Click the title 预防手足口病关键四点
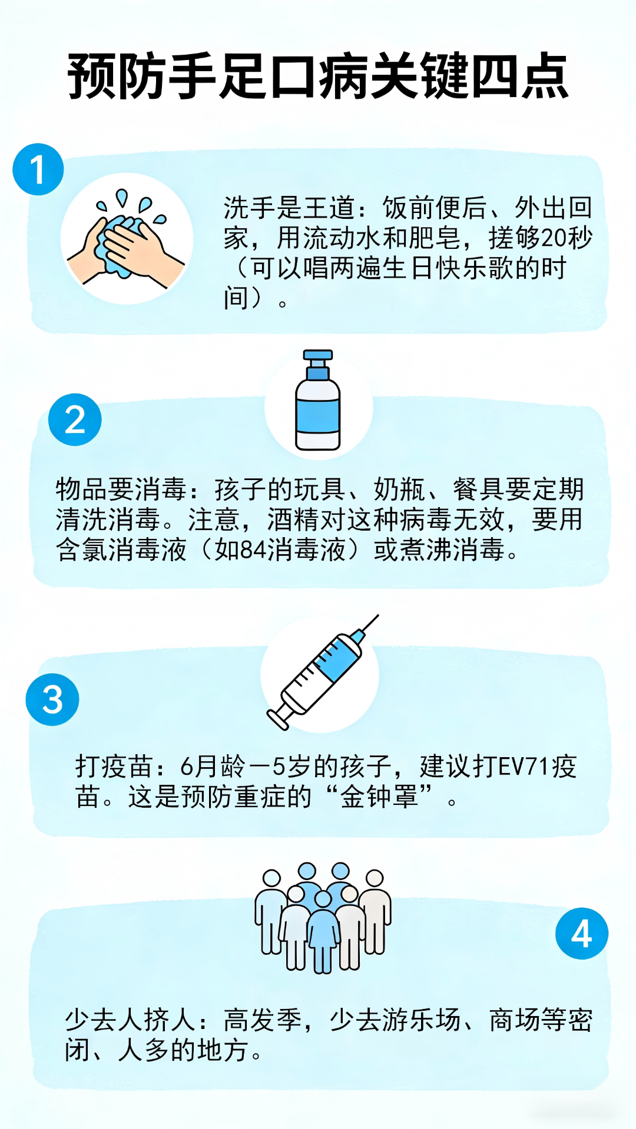tap(318, 76)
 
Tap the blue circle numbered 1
tap(38, 169)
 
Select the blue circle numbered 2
tap(75, 419)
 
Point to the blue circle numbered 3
tap(52, 700)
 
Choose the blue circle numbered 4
tap(582, 933)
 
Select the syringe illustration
tap(321, 674)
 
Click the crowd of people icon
tap(323, 918)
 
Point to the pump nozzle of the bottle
tap(317, 355)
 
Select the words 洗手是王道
tap(289, 208)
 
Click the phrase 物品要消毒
tap(121, 489)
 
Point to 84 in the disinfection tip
tap(254, 550)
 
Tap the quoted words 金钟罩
tap(379, 797)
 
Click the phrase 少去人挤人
tap(130, 1020)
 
